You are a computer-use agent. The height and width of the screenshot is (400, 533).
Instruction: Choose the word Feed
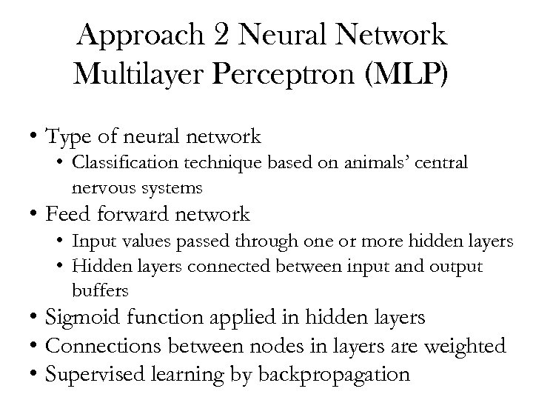point(64,216)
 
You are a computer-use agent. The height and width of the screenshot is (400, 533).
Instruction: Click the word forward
point(128,216)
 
